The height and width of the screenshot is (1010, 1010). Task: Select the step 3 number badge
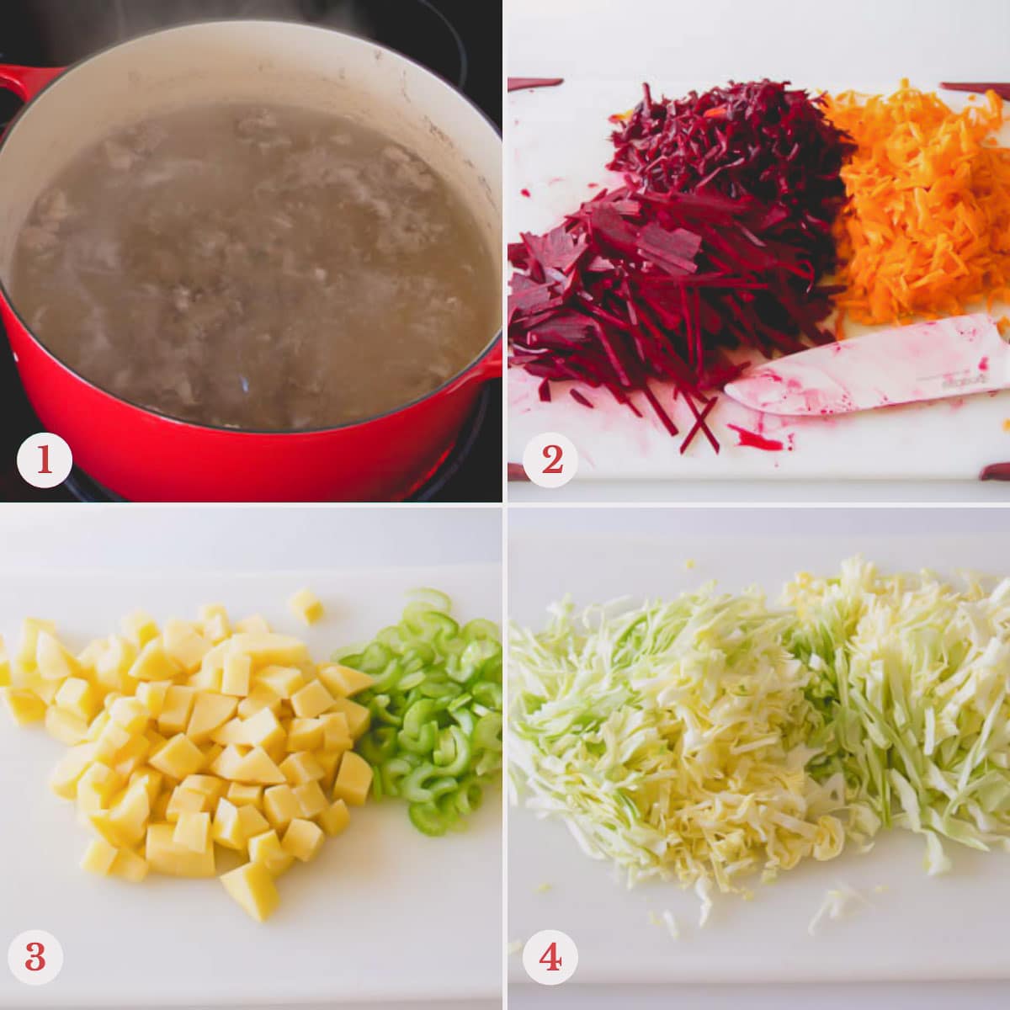click(x=35, y=957)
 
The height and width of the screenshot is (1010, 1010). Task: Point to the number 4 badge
click(x=550, y=957)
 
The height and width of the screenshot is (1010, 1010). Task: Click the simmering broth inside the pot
click(x=252, y=261)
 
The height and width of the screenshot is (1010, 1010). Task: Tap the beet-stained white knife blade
click(x=867, y=370)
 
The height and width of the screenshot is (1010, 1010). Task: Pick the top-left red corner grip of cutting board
click(x=534, y=83)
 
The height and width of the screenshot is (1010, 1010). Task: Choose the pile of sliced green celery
click(x=429, y=715)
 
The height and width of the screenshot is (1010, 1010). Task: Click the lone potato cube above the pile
click(x=305, y=605)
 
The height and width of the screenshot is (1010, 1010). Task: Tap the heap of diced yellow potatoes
click(x=202, y=741)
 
